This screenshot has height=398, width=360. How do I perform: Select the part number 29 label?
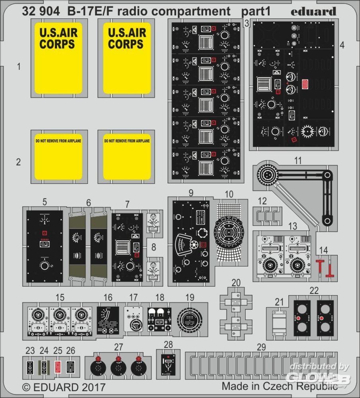coord(261,347)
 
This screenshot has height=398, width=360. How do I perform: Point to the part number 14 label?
coord(323,250)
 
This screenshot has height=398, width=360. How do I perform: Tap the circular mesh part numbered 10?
coord(229,229)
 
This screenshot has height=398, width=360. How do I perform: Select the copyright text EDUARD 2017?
coord(64,387)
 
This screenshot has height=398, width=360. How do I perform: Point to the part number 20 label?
coord(236,283)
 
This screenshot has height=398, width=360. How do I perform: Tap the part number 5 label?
coord(44,201)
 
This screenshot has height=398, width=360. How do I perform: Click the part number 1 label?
coord(18,66)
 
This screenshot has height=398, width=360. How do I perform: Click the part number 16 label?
coord(108,298)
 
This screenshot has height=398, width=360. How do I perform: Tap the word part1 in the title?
coord(256,12)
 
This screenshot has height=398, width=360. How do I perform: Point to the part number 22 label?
coord(314,291)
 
